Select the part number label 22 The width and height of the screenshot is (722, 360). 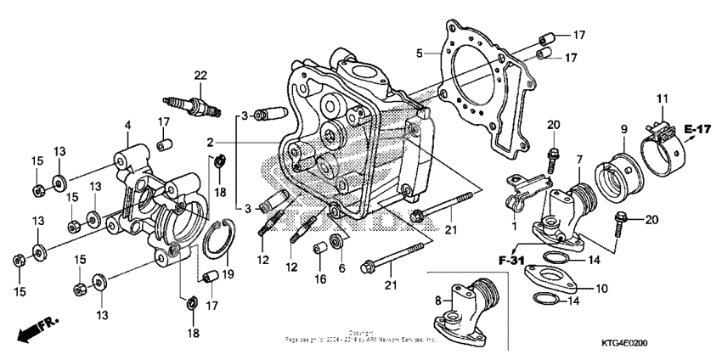click(200, 76)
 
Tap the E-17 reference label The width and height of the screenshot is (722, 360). click(697, 130)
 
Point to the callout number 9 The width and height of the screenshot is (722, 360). click(623, 129)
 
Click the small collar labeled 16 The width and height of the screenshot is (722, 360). click(322, 252)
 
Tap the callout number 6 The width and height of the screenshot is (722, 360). click(343, 267)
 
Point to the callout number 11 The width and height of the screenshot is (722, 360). click(663, 100)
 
